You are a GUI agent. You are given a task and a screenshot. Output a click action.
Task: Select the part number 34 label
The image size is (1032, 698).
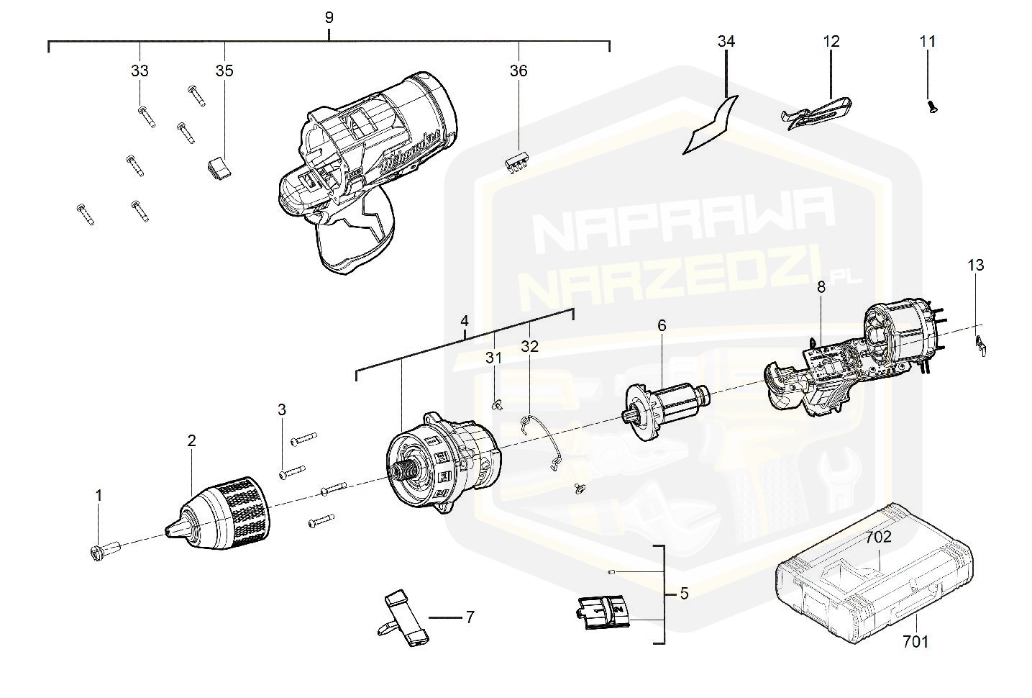[726, 42]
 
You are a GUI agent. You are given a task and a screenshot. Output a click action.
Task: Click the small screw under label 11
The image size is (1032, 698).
[932, 106]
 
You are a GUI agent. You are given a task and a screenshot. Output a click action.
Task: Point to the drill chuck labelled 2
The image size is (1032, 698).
[220, 509]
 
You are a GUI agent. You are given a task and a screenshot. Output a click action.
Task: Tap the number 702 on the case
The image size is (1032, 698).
[878, 537]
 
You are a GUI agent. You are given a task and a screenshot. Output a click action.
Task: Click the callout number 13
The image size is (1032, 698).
[975, 265]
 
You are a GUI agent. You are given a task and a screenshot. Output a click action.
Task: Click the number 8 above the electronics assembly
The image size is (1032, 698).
[821, 286]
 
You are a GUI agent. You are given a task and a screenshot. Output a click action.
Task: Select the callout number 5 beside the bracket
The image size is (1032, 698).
[683, 594]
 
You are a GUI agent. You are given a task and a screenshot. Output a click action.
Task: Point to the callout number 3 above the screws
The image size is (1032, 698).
[282, 410]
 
